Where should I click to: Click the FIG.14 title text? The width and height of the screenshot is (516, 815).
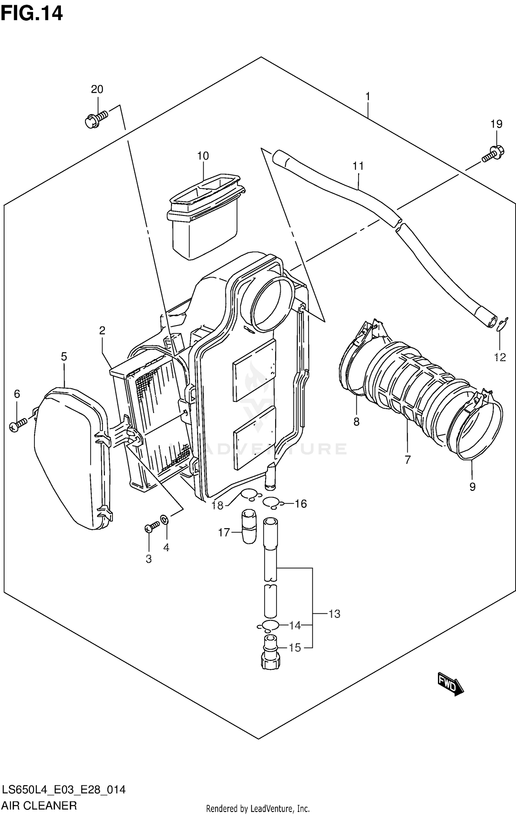(32, 14)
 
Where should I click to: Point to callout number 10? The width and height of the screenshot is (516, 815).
(203, 156)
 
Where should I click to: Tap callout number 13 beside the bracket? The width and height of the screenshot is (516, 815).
(334, 614)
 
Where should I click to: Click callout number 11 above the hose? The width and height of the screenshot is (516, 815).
(358, 166)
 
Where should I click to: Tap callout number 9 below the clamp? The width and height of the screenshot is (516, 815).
(472, 487)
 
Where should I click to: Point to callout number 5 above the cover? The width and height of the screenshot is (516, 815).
(64, 357)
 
